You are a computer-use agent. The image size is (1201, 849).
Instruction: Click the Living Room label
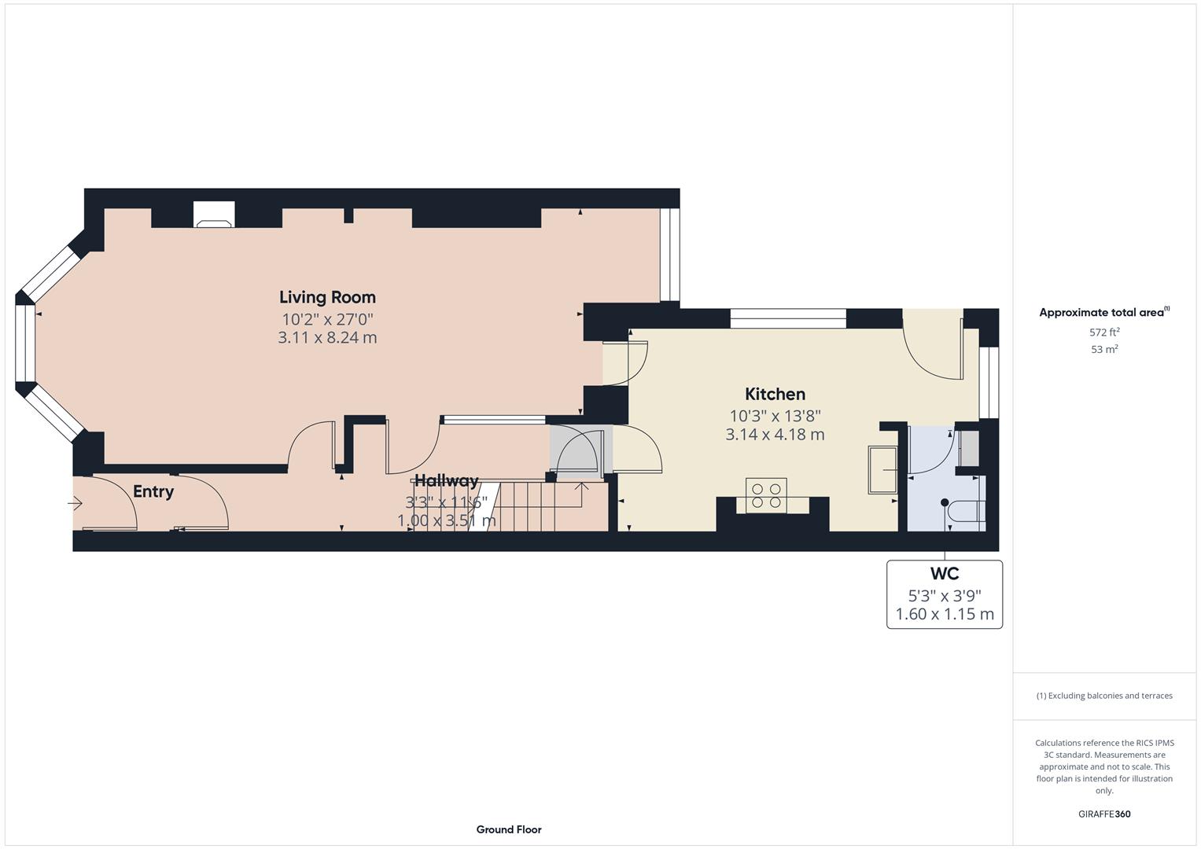point(327,297)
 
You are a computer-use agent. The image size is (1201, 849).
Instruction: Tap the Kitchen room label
point(775,394)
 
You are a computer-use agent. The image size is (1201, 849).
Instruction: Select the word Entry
point(153,491)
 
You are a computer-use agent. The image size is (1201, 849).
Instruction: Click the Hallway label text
point(446,481)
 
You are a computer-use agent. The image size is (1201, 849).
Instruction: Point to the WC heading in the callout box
point(944,574)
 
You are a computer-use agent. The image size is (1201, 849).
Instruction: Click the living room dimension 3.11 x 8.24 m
point(327,338)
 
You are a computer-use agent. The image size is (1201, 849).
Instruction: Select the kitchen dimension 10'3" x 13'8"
point(775,416)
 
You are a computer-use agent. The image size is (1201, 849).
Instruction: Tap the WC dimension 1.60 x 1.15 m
point(944,614)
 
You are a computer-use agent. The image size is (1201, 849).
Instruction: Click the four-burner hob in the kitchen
point(766,495)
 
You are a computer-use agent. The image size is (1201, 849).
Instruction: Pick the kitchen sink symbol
point(882,469)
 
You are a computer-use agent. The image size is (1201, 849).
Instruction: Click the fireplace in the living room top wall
point(214,215)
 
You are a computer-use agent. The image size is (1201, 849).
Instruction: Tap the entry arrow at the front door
point(75,503)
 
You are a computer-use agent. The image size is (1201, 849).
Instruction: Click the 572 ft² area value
point(1104,332)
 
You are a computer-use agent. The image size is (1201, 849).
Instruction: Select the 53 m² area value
point(1104,350)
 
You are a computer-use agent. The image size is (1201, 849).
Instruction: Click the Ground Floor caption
point(509,829)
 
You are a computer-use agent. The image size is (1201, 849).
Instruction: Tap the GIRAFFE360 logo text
point(1104,814)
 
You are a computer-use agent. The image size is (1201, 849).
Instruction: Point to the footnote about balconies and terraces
point(1104,696)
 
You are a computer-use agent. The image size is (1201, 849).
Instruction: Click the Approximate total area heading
point(1104,312)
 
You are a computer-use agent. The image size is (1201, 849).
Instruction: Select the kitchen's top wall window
point(788,318)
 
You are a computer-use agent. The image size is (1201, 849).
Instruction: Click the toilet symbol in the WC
point(965,509)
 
